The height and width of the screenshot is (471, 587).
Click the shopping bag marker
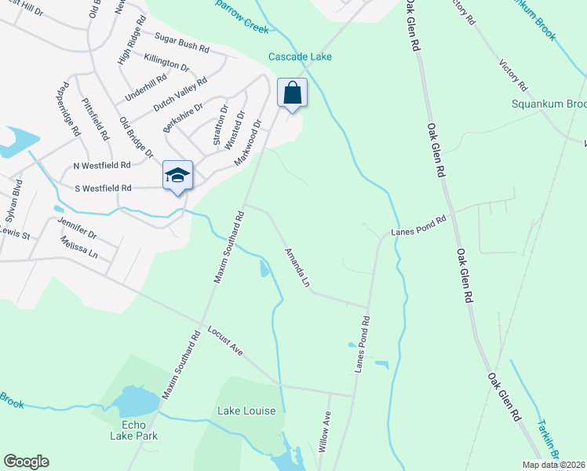pos(292,93)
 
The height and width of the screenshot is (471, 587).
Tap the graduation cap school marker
pos(178,176)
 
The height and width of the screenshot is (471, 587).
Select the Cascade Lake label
pos(300,57)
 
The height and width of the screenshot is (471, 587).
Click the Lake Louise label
pos(246,411)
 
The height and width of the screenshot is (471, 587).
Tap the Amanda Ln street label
pos(297,266)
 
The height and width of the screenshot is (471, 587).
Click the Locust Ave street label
pos(225,341)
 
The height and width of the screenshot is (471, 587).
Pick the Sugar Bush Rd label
pos(182,42)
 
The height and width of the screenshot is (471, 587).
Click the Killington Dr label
pos(167,63)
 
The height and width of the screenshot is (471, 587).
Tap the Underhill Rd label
pos(145,85)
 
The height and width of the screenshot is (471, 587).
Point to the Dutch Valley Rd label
pos(180,93)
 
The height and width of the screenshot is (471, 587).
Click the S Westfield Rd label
pos(103,188)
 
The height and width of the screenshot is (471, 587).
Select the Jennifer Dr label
pos(77,230)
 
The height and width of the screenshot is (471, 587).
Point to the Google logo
pos(27,462)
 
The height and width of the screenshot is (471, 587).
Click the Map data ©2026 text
pos(552,465)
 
